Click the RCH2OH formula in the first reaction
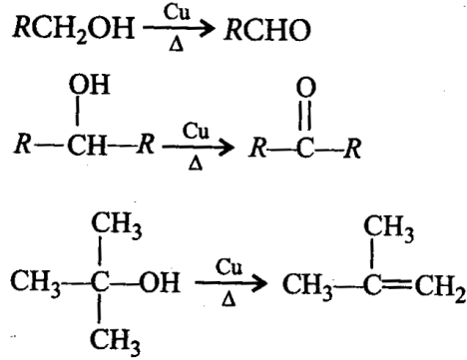[x=74, y=29]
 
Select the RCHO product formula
[x=267, y=30]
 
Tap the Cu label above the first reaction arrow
[x=177, y=13]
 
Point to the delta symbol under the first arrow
[x=176, y=44]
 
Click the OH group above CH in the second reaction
[x=90, y=85]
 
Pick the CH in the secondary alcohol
[x=87, y=145]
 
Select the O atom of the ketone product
[x=305, y=88]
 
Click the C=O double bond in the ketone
[x=304, y=115]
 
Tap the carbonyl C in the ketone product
[x=305, y=147]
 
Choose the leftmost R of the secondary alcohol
[x=22, y=145]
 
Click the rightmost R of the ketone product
[x=352, y=149]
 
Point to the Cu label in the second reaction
[x=196, y=131]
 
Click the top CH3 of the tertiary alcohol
[x=117, y=225]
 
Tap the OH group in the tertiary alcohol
[x=160, y=282]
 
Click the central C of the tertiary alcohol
[x=100, y=282]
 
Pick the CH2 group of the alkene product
[x=440, y=286]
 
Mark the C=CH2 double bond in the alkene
[x=396, y=285]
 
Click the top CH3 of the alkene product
[x=389, y=228]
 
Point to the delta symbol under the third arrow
[x=229, y=299]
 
